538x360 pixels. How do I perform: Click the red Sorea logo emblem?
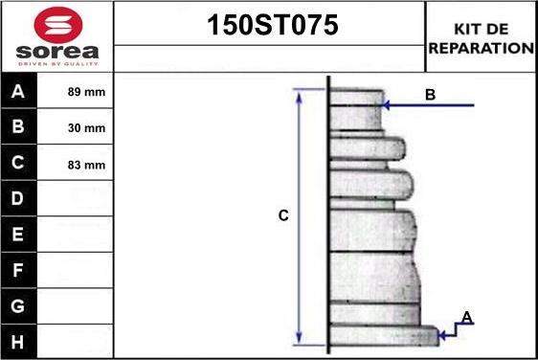58,25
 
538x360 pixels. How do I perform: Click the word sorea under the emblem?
57,52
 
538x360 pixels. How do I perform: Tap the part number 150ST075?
273,25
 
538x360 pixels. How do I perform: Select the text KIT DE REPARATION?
482,38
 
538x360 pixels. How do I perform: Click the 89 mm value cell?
86,92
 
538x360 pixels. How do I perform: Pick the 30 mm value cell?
86,128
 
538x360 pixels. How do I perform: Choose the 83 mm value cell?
86,165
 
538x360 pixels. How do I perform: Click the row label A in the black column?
18,91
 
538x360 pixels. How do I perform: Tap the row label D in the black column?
18,198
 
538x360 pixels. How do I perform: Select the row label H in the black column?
18,342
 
